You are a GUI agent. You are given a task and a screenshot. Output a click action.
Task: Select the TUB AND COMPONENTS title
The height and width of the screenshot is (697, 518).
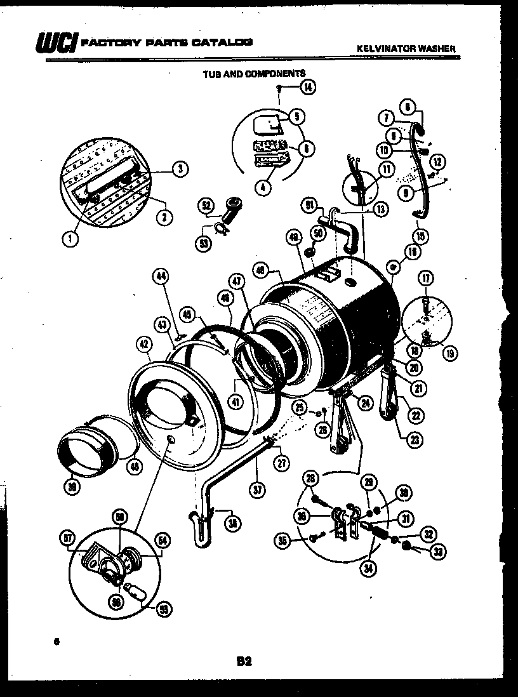(254, 74)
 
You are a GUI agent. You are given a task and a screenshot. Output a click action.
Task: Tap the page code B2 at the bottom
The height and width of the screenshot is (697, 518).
(244, 661)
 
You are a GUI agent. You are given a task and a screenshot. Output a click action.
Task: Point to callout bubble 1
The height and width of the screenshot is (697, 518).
(68, 239)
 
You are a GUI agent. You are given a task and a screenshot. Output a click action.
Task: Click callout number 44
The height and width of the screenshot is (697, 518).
(161, 275)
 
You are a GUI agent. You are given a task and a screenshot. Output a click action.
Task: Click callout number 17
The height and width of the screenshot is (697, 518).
(426, 277)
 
